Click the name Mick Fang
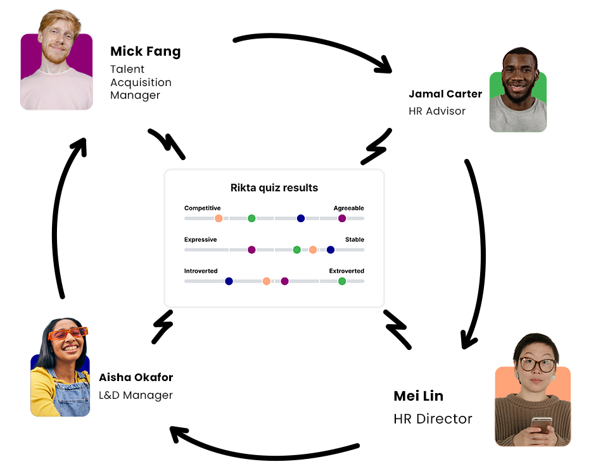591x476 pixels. click(x=145, y=52)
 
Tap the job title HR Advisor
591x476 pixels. click(x=437, y=111)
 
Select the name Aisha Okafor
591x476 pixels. click(x=136, y=377)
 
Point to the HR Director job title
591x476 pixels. click(x=433, y=418)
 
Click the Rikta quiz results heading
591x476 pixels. click(x=274, y=188)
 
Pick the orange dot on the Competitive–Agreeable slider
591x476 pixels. click(x=219, y=218)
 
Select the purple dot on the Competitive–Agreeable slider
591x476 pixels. click(x=342, y=218)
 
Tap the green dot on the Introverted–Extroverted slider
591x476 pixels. click(x=342, y=281)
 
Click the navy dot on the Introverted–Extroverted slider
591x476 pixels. click(x=229, y=281)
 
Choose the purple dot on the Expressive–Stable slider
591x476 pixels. click(x=251, y=250)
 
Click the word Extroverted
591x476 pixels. click(x=346, y=271)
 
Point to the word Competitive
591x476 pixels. click(x=202, y=208)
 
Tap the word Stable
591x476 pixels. click(x=355, y=240)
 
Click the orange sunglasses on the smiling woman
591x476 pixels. click(x=68, y=333)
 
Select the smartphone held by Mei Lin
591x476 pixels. click(x=540, y=424)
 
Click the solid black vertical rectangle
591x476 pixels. click(x=69, y=218)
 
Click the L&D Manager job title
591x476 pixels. click(x=136, y=396)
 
